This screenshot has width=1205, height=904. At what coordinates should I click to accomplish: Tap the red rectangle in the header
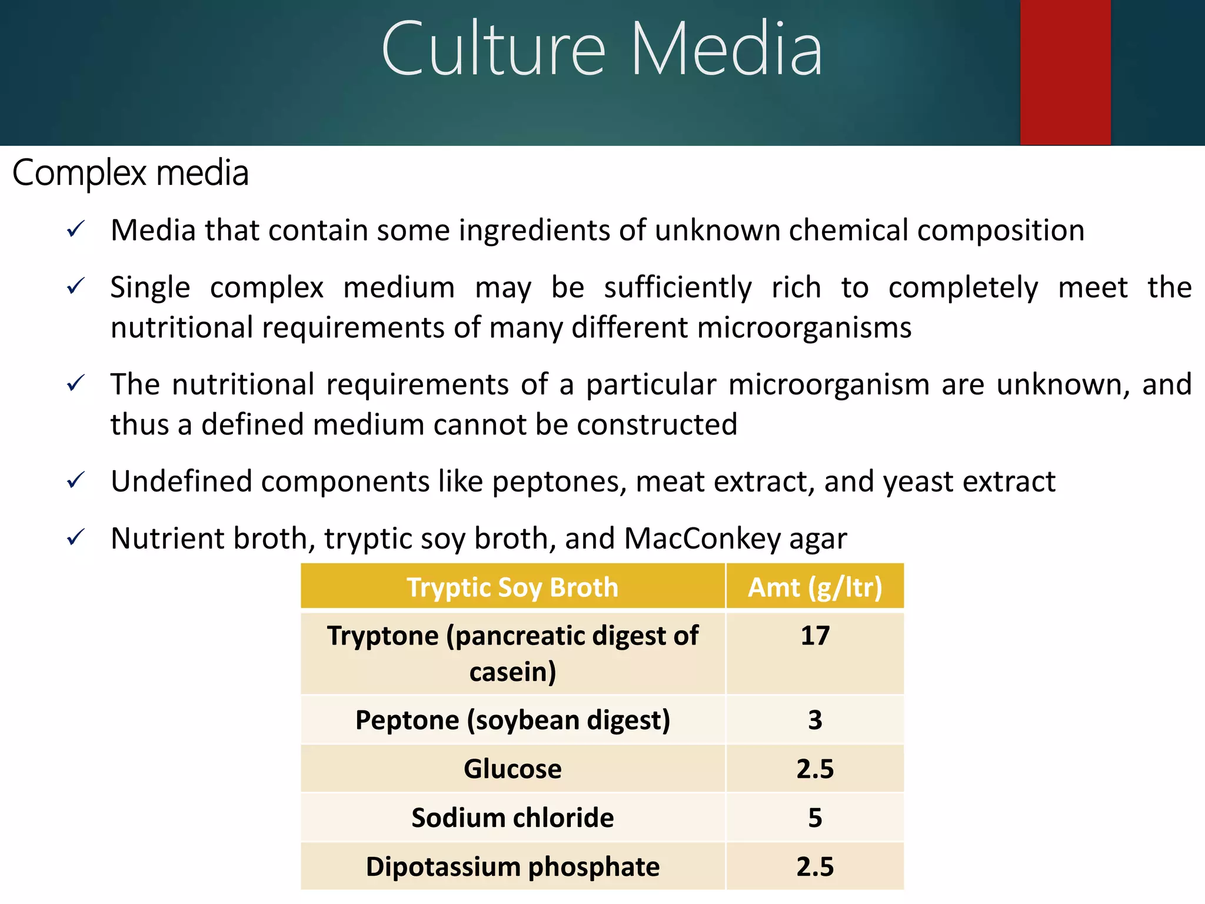(x=1065, y=72)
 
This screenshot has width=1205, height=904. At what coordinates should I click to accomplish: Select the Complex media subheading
(x=131, y=173)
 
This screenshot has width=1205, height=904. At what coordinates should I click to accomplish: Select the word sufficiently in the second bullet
(x=678, y=288)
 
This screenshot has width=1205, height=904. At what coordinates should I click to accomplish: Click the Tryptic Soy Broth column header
(x=512, y=587)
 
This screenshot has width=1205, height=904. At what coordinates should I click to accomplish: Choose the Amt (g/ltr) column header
(x=815, y=587)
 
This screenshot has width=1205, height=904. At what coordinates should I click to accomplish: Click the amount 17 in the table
(x=815, y=636)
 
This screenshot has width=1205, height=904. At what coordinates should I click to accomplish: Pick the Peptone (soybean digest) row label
(x=512, y=720)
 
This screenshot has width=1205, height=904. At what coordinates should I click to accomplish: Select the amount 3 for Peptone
(x=815, y=720)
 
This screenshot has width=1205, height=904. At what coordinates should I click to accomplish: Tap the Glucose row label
(x=512, y=769)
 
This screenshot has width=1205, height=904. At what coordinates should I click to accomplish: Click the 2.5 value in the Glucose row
(x=815, y=769)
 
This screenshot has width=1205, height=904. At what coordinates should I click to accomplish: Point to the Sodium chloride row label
(x=512, y=817)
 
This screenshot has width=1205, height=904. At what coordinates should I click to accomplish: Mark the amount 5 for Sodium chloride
(x=815, y=817)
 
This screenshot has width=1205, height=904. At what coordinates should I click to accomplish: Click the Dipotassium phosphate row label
(x=512, y=866)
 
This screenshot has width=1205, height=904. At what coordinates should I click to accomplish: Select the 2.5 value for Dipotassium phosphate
(x=815, y=866)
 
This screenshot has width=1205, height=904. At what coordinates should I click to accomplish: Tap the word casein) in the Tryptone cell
(x=512, y=672)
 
